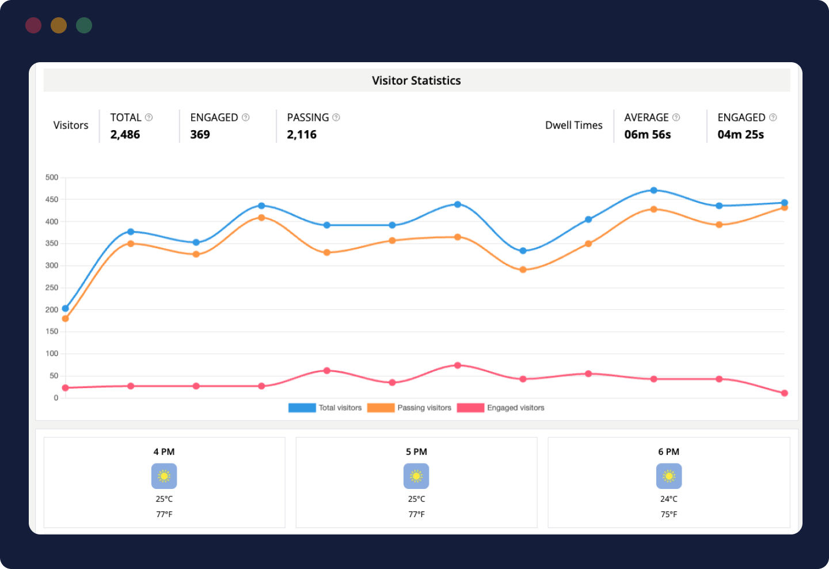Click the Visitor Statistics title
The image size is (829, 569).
[416, 81]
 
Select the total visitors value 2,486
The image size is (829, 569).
[125, 135]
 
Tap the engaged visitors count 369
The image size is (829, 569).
[200, 135]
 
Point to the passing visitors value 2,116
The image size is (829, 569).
[302, 135]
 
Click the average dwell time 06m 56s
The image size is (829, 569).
[648, 135]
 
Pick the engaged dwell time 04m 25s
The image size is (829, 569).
[740, 135]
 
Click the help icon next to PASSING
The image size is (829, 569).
[336, 117]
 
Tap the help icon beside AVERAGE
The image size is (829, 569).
[676, 117]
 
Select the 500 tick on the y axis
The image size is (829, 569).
[52, 177]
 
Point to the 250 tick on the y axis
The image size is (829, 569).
[52, 287]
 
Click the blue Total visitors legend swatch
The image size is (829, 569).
[302, 408]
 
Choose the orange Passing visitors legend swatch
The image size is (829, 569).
[381, 408]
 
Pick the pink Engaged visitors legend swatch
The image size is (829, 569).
[470, 408]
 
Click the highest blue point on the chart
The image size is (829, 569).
[653, 190]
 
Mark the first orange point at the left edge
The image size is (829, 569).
[65, 318]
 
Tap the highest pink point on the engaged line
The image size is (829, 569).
[458, 365]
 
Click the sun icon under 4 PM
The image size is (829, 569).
[164, 476]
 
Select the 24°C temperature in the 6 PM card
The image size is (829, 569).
[668, 499]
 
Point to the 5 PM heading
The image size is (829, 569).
[416, 452]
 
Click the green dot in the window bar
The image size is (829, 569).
[84, 25]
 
